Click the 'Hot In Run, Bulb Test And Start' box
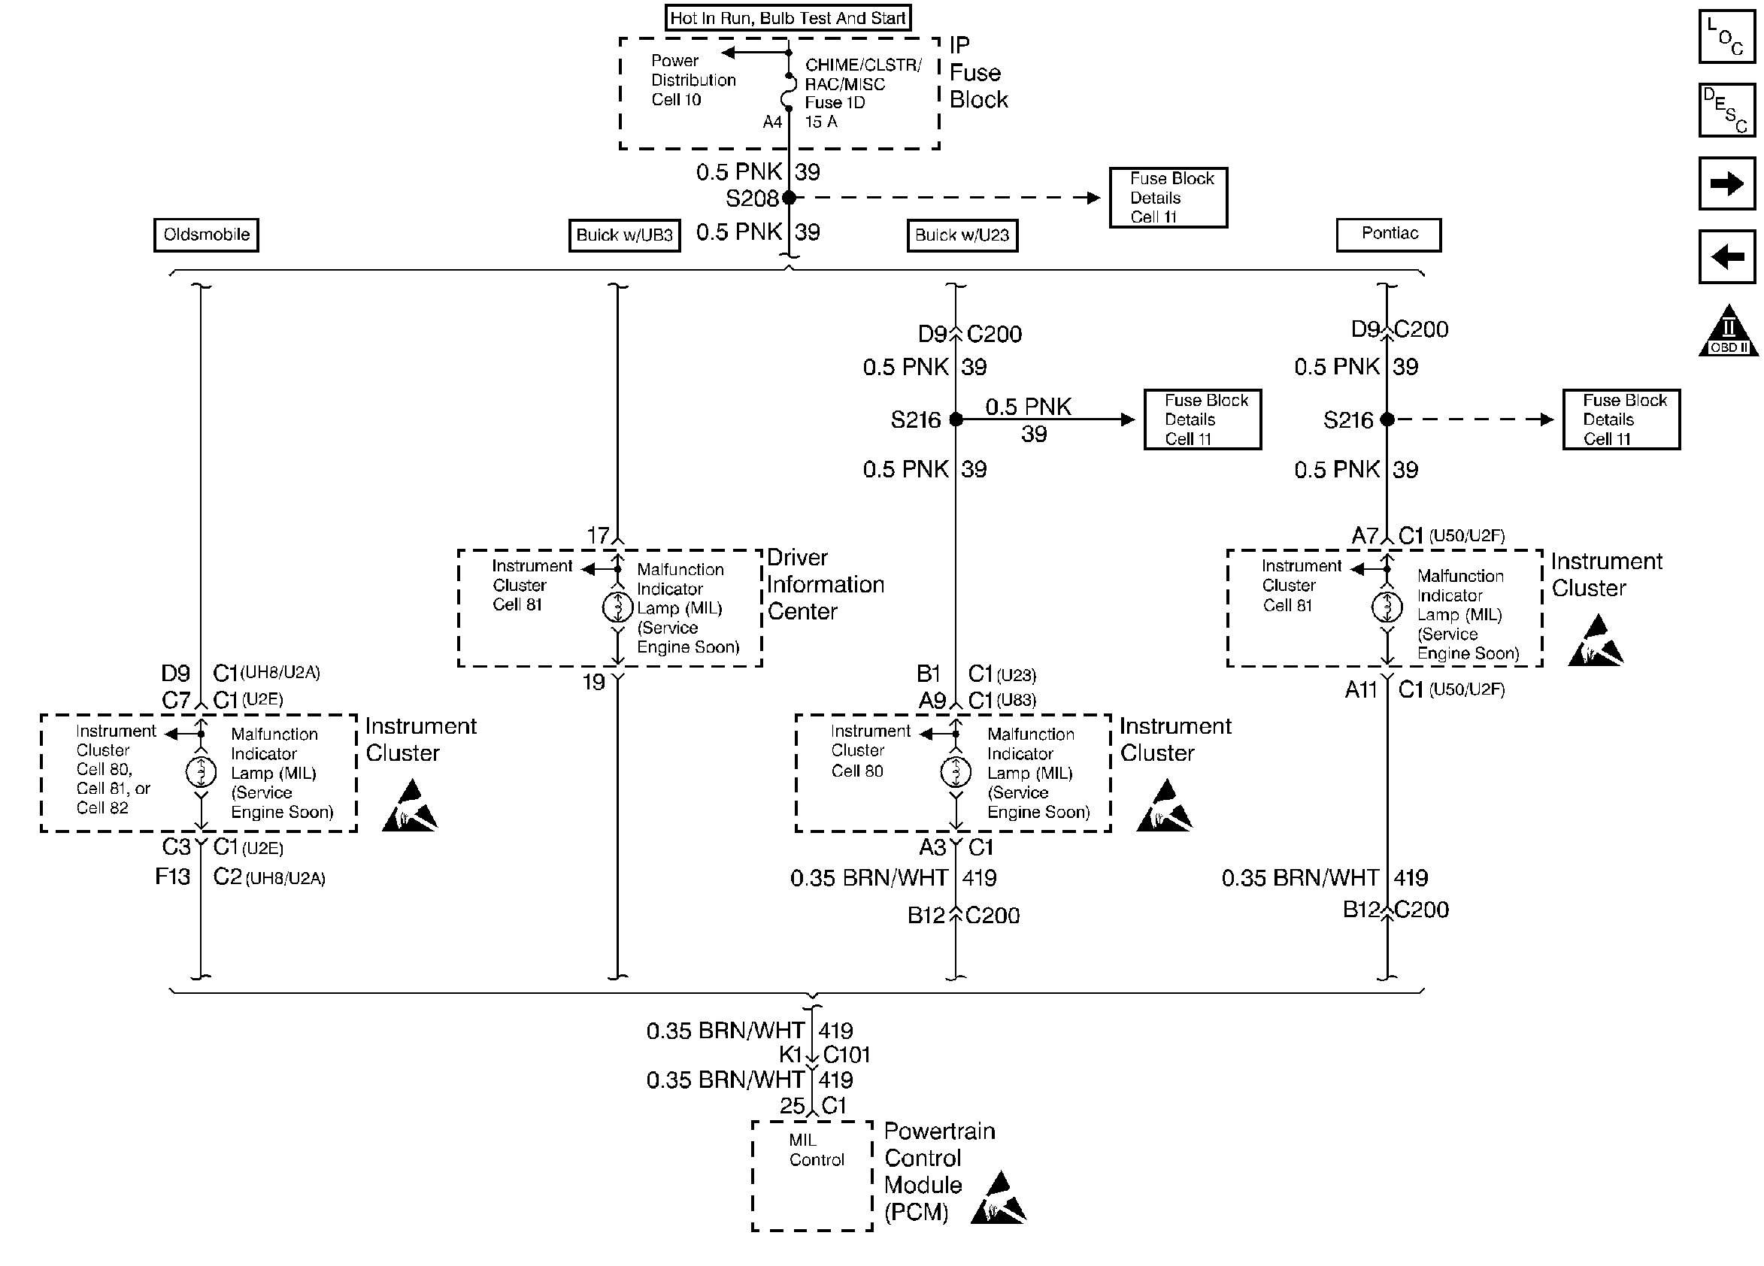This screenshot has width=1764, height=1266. point(787,18)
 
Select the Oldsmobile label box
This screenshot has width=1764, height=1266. point(206,235)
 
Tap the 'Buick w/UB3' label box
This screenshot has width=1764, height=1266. point(624,235)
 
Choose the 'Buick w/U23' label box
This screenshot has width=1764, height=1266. point(962,235)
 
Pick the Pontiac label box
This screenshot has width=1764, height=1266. point(1388,234)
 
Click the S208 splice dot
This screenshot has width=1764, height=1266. point(789,198)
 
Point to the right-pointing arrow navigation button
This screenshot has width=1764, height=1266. point(1726,184)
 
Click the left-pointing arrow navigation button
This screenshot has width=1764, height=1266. point(1726,256)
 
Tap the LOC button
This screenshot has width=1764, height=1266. point(1726,36)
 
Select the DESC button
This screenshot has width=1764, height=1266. point(1726,110)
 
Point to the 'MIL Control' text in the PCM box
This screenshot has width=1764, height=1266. point(816,1150)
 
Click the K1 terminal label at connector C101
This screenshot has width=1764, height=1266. point(790,1056)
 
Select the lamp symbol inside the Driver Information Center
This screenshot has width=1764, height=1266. point(617,607)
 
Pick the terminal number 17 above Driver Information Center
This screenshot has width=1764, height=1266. point(597,536)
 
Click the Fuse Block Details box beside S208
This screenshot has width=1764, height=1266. point(1168,198)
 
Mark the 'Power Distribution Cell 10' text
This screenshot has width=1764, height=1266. point(693,80)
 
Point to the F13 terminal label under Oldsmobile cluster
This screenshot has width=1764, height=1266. point(173,877)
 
